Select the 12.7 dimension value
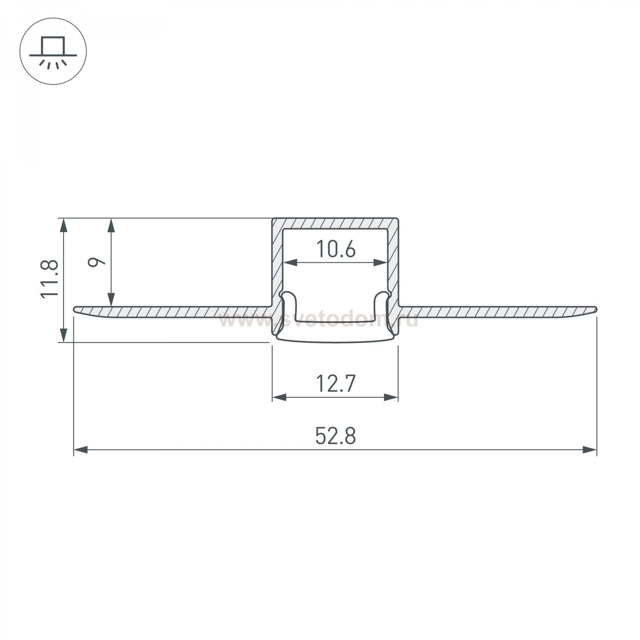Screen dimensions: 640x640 [x=335, y=384]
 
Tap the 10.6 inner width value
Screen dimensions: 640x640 [x=336, y=250]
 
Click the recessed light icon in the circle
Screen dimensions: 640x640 [x=53, y=51]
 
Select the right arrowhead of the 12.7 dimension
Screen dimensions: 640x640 [x=391, y=397]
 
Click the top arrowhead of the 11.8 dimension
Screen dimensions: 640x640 [x=64, y=225]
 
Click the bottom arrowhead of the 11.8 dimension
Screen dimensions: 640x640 [x=64, y=335]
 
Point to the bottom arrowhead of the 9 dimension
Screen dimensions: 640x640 [x=112, y=300]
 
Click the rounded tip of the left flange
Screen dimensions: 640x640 [x=76, y=309]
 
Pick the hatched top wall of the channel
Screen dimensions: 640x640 [x=335, y=224]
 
